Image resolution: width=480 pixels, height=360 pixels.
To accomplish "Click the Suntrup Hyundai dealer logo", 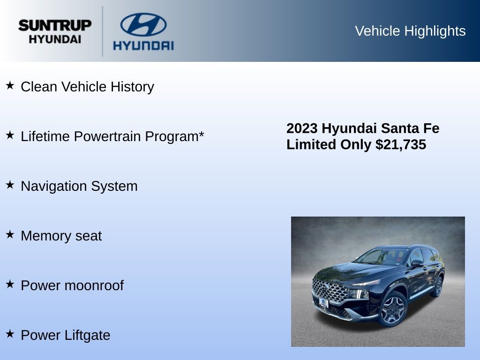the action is coord(55,31).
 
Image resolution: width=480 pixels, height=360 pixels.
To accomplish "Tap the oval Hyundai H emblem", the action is coord(143,24).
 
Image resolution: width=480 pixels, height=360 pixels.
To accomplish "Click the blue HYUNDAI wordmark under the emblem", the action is coord(143,45).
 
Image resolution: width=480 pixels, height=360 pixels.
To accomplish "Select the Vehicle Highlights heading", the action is coord(410,31).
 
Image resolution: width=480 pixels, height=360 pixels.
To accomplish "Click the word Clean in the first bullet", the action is coord(39,87).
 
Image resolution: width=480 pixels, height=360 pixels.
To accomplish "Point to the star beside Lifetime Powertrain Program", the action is coord(10,135).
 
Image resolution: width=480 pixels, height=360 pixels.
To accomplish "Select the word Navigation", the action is coord(53,186).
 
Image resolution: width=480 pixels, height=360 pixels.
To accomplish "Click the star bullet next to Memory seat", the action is coord(10,234).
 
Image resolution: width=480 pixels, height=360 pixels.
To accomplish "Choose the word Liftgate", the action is coord(87,335).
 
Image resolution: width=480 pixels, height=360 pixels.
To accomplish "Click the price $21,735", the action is coord(401,144).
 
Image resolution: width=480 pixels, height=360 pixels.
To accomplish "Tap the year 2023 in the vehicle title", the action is coord(302,128).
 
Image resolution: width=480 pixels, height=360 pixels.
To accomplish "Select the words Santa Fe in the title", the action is coord(410,128).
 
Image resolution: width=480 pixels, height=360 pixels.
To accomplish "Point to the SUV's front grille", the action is coord(330,291).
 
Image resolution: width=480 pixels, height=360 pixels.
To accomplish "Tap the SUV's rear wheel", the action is coord(438,286).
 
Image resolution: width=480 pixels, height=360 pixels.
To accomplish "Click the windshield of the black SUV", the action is coord(382,256).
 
